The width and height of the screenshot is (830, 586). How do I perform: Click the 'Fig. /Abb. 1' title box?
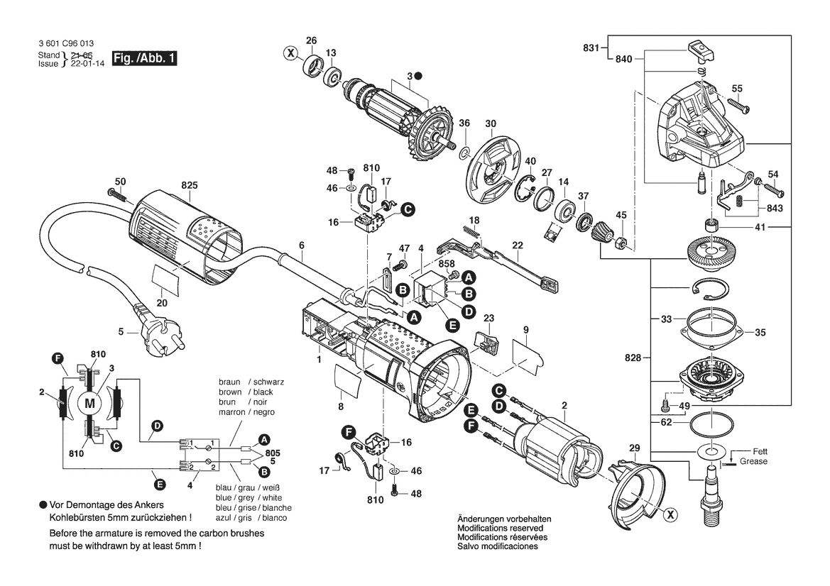145,58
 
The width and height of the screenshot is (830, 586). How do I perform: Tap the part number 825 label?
189,185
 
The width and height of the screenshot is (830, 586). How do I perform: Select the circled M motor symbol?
89,404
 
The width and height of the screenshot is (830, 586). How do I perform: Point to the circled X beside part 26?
290,53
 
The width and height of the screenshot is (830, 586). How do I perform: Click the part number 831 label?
591,48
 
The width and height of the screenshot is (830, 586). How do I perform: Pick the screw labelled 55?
738,105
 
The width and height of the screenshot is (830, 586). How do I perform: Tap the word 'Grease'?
753,461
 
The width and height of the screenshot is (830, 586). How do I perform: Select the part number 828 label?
633,358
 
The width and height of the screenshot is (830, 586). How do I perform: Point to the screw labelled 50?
119,194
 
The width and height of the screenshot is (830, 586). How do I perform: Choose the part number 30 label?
491,123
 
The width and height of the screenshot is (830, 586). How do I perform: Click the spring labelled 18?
471,232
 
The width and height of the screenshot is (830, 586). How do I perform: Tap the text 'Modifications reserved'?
501,528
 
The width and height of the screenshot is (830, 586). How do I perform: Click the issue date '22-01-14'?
87,63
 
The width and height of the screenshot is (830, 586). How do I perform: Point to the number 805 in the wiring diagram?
273,453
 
